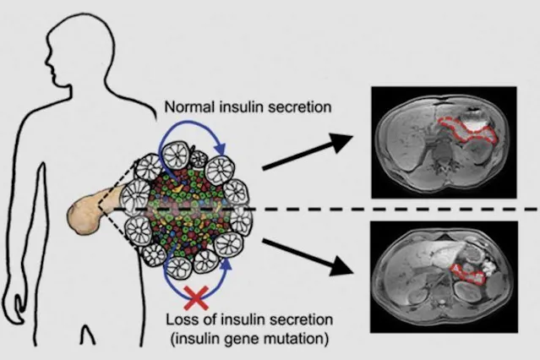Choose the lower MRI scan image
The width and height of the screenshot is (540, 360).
445,275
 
